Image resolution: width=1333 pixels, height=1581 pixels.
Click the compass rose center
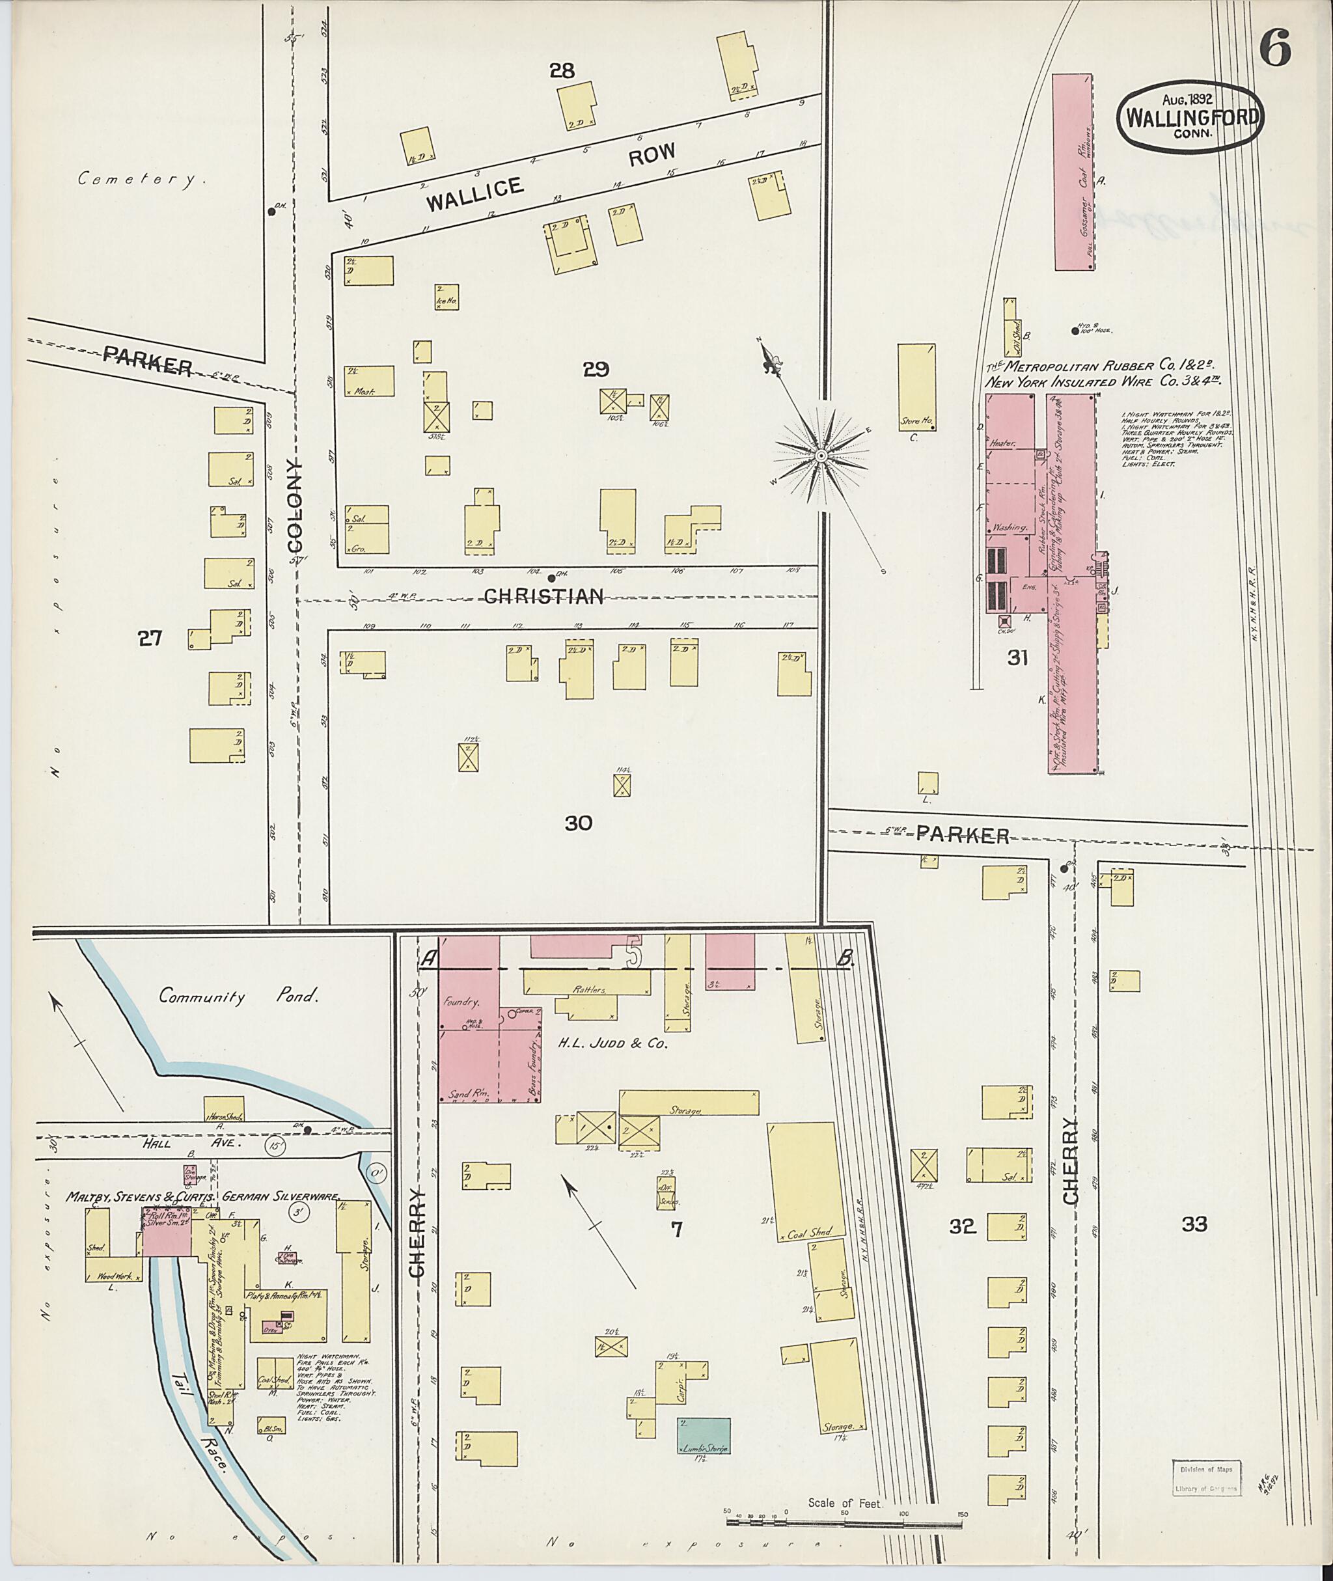pyautogui.click(x=821, y=456)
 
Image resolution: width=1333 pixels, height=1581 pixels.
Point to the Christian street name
pyautogui.click(x=543, y=597)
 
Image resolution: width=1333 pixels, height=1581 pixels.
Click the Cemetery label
pyautogui.click(x=142, y=179)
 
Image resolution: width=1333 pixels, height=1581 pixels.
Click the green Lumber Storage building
pyautogui.click(x=704, y=1435)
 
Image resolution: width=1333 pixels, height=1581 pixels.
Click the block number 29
pyautogui.click(x=596, y=369)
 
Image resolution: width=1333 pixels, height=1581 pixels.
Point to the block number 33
pyautogui.click(x=1195, y=1224)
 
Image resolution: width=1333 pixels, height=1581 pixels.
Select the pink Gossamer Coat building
pyautogui.click(x=1072, y=172)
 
